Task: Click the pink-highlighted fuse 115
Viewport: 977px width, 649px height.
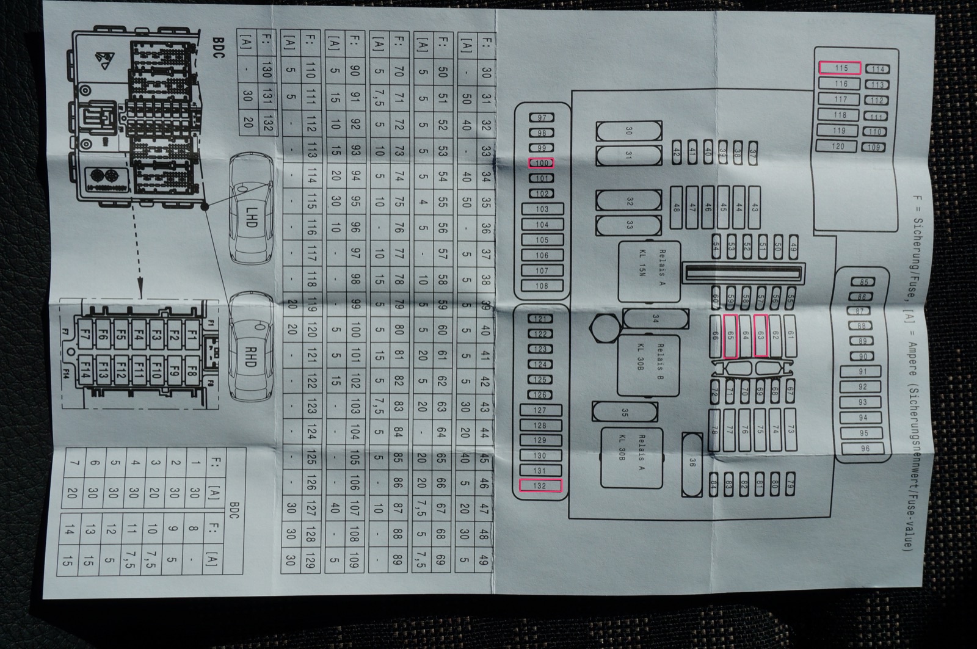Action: [x=840, y=68]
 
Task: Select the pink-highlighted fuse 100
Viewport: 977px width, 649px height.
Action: [x=541, y=163]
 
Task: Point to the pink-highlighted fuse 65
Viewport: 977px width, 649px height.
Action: [x=730, y=335]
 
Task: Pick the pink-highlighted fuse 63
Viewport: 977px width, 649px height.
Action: [x=760, y=335]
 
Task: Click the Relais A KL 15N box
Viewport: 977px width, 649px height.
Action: [x=648, y=271]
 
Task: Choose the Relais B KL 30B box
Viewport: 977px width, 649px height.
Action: [x=648, y=365]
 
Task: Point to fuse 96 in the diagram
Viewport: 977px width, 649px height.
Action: [x=864, y=448]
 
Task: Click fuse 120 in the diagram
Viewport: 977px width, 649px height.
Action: [x=838, y=146]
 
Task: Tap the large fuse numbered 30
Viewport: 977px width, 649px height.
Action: [x=628, y=131]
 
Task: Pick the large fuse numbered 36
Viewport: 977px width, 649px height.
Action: [x=692, y=462]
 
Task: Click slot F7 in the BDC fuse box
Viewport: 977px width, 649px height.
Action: [x=85, y=334]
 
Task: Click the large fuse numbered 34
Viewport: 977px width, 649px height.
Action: [x=655, y=318]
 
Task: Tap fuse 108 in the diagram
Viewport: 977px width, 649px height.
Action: [x=541, y=286]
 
